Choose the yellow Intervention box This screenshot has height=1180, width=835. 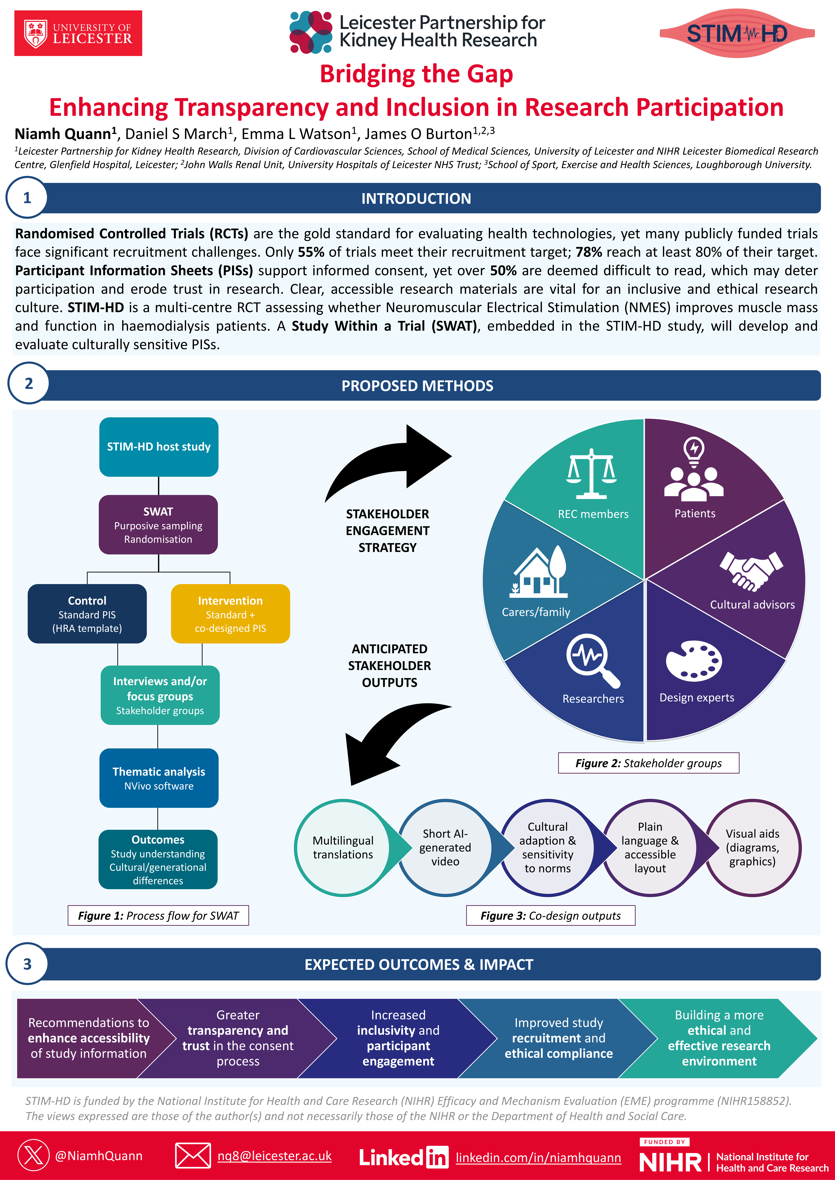pyautogui.click(x=230, y=614)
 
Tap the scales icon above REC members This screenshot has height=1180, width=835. pyautogui.click(x=591, y=474)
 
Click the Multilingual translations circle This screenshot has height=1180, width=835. pyautogui.click(x=343, y=847)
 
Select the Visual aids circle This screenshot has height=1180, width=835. pyautogui.click(x=752, y=847)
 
